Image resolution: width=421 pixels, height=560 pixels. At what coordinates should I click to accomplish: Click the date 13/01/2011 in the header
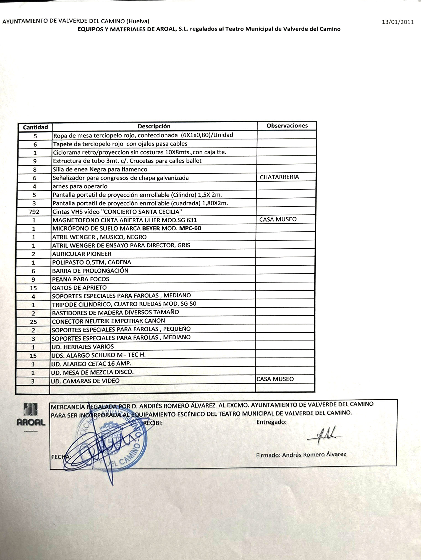coord(398,22)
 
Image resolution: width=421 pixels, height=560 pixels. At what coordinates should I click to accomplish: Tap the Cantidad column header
coord(35,127)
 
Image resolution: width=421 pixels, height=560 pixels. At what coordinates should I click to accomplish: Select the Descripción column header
coord(154,126)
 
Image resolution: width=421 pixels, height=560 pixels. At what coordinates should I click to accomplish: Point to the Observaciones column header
coord(287,126)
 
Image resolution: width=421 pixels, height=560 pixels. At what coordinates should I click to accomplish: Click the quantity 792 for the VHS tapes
coord(34,212)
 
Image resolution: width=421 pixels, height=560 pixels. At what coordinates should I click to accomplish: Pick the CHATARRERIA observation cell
coord(279,177)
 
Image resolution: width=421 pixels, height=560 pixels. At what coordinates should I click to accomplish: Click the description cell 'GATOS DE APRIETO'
coord(79,287)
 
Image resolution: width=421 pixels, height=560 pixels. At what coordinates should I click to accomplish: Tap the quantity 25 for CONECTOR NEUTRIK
coord(33,322)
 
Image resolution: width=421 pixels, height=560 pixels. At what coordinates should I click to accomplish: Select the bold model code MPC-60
coord(190,228)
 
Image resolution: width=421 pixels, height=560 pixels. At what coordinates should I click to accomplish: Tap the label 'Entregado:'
coord(271,422)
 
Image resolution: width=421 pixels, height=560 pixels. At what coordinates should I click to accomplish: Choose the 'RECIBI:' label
coord(153,423)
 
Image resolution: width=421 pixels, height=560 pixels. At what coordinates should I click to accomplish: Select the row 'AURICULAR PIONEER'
coord(82,254)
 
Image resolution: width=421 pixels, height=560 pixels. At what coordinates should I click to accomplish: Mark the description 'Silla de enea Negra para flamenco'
coord(100,169)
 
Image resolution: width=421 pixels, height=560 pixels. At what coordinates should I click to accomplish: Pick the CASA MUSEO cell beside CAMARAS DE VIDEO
coord(275,379)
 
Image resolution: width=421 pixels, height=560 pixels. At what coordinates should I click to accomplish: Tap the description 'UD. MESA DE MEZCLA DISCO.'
coord(92,372)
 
